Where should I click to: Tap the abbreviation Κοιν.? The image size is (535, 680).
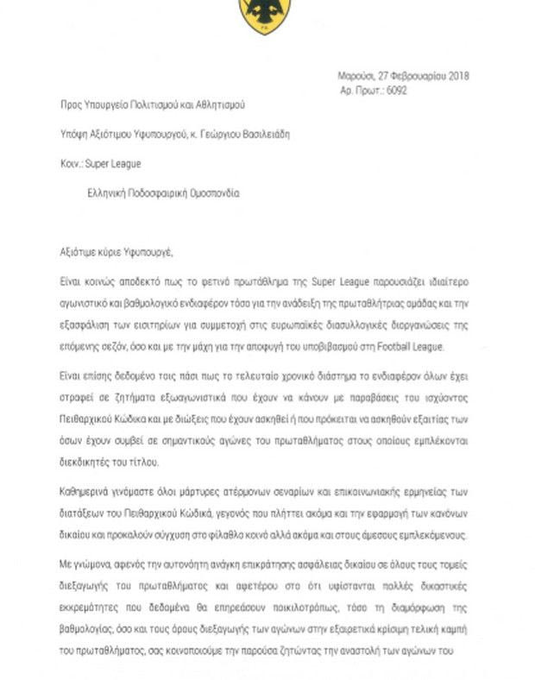72,163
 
